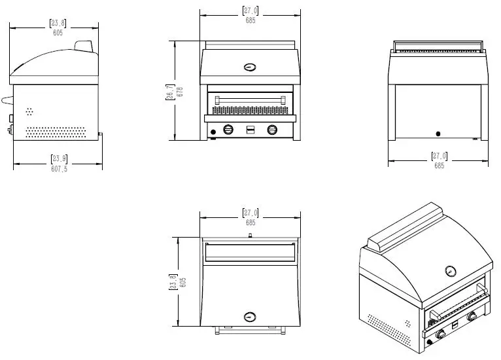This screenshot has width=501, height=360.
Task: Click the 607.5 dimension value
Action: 59,169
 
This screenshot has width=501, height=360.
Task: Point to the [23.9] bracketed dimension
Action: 59,158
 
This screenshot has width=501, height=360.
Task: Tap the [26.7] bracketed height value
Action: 171,92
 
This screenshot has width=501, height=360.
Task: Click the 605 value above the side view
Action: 58,33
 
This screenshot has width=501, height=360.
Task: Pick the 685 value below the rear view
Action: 438,166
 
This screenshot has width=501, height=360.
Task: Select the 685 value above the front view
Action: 250,20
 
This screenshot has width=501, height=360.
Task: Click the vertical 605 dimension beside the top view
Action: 183,282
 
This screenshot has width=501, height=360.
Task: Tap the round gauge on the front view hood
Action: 250,67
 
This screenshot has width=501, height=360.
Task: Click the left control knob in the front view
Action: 228,129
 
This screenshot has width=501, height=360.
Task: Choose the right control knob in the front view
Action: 272,129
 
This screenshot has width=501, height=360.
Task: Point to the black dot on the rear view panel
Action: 438,134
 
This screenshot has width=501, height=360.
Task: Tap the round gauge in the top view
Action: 250,317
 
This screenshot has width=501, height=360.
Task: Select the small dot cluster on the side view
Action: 29,112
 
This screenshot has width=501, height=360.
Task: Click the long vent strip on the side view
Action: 55,132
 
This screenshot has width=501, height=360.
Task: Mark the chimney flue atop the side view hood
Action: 84,45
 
